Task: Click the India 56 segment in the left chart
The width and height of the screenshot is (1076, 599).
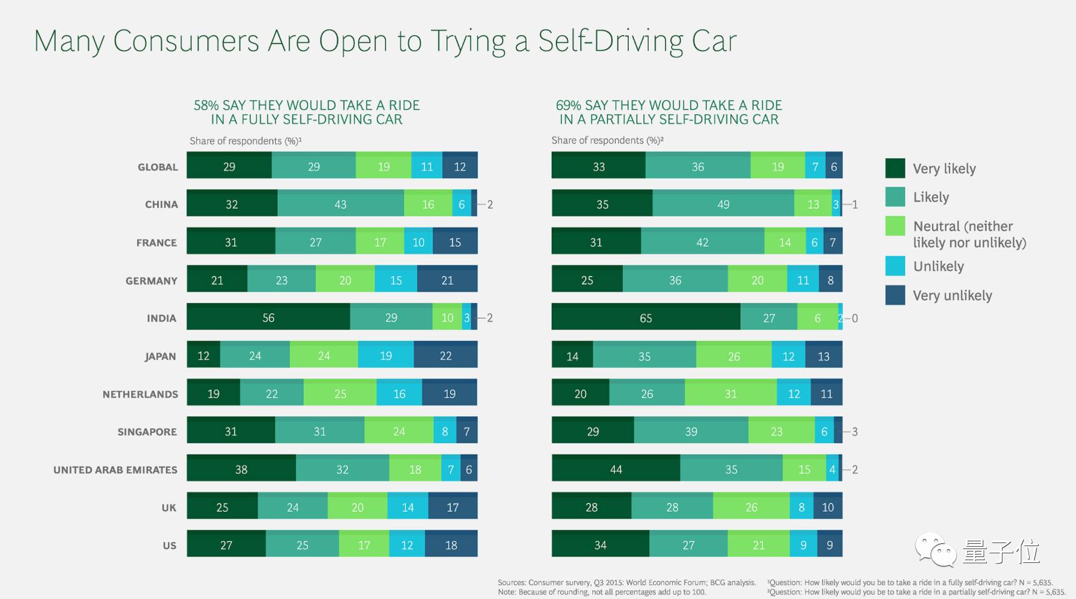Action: (268, 318)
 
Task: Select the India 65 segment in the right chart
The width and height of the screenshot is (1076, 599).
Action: (646, 318)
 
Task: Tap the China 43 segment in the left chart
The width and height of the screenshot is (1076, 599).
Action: (341, 204)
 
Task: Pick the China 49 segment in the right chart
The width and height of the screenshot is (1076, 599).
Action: (723, 204)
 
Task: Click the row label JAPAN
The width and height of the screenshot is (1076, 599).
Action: (160, 356)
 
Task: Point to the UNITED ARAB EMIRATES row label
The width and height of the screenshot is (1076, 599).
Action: (116, 470)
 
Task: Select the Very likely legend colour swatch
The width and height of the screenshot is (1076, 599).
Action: (895, 168)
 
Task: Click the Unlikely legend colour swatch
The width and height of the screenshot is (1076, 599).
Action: (895, 266)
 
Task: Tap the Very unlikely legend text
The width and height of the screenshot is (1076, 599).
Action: (952, 295)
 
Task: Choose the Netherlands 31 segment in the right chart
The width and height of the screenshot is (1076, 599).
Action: (731, 393)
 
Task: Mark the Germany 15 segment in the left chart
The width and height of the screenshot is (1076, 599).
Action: (396, 280)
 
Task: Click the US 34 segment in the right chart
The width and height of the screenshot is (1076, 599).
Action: (600, 545)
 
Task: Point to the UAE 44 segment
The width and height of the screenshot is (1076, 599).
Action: (616, 469)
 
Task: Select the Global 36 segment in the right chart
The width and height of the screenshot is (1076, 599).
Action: (697, 166)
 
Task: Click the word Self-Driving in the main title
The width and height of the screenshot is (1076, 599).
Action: (610, 41)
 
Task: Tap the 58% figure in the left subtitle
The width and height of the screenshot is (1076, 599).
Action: (206, 105)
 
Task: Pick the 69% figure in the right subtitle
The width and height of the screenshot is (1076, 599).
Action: (568, 105)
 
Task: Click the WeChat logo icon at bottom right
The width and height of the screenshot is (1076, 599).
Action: (935, 550)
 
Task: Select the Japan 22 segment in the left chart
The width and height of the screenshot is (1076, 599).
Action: (445, 355)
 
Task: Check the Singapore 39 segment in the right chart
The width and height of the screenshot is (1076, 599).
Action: (691, 431)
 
